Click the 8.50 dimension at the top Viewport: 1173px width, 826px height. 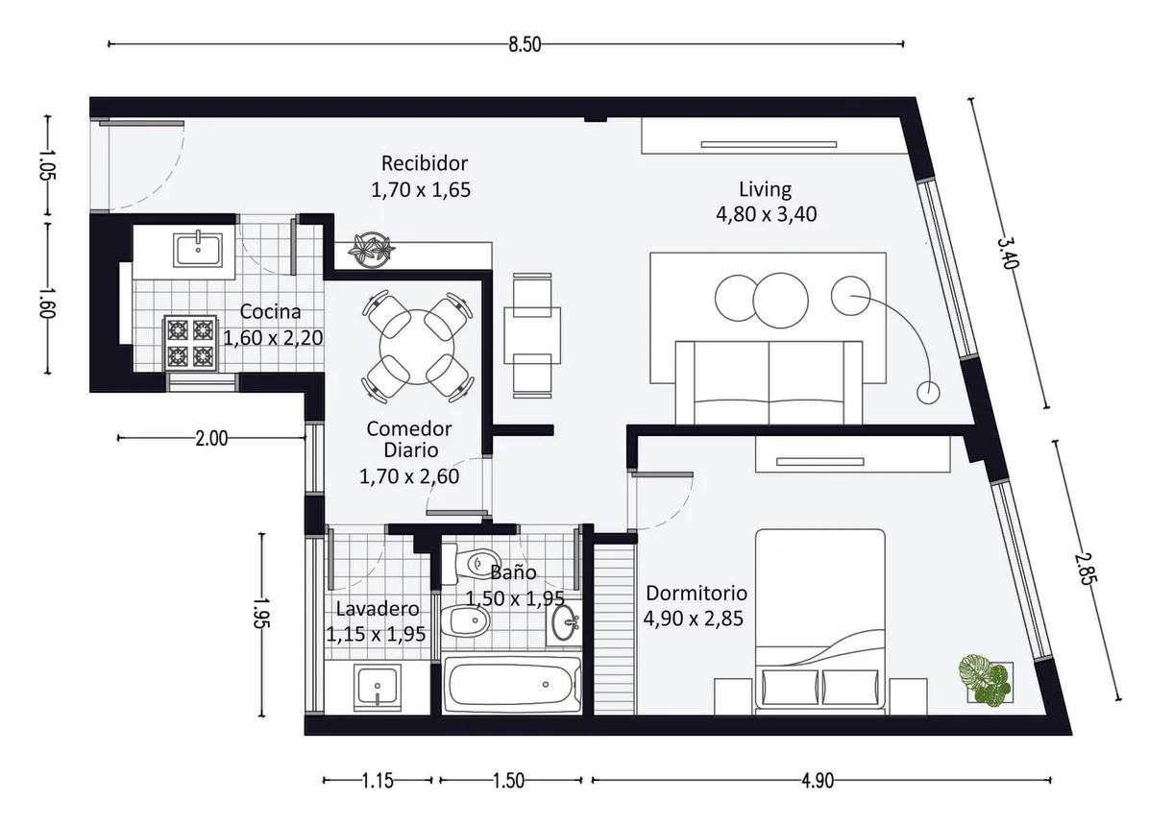[525, 44]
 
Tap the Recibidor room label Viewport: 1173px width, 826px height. [425, 163]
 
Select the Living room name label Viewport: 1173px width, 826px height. [765, 189]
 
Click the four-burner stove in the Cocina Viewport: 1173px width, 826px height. [190, 343]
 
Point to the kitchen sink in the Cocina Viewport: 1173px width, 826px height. [197, 250]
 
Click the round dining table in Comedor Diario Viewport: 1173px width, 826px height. [417, 347]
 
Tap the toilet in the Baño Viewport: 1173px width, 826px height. [471, 563]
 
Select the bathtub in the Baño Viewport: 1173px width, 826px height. [512, 685]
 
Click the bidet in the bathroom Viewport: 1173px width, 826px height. [465, 620]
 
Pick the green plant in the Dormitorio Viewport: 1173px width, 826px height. [985, 679]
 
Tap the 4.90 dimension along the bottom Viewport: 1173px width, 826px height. [818, 781]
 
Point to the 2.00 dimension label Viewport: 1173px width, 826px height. [211, 438]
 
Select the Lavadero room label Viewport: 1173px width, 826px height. [378, 609]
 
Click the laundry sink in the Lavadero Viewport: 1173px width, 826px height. [377, 687]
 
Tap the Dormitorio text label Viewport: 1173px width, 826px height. [696, 593]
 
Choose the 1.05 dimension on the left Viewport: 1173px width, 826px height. [47, 165]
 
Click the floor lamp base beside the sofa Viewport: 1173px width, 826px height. [928, 392]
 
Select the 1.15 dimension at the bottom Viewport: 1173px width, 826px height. [377, 781]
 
